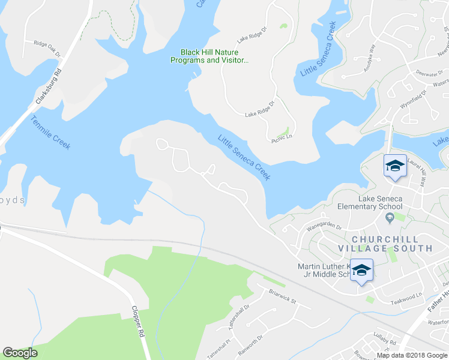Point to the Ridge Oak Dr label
point(47,47)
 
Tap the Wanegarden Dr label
point(324,226)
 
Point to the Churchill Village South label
point(385,242)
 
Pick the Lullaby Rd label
point(384,341)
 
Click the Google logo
point(20,353)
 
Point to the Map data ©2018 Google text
point(412,355)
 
